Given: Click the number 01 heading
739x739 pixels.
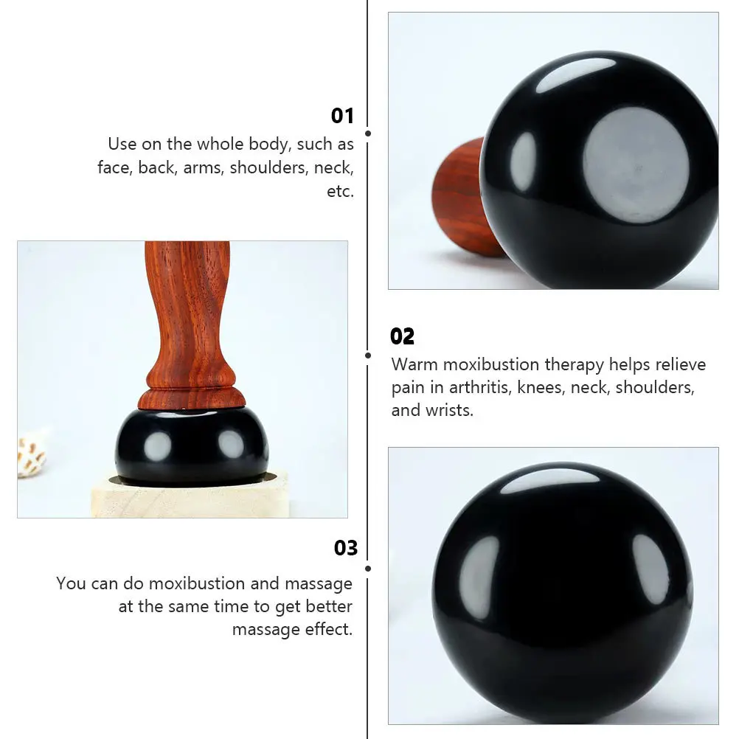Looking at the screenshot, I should click(x=342, y=116).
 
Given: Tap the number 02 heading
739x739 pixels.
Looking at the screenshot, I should click(x=403, y=336).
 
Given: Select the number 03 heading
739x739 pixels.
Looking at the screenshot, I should click(x=345, y=548).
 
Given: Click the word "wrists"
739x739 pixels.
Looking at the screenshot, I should click(x=449, y=410).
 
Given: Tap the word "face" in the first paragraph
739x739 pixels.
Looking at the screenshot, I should click(x=114, y=167).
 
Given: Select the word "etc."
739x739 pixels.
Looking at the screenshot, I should click(x=340, y=191).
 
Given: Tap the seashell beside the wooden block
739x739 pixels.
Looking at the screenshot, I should click(x=32, y=457).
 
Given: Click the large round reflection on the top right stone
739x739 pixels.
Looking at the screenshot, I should click(x=636, y=164).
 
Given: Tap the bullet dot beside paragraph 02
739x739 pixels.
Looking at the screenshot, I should click(x=368, y=355).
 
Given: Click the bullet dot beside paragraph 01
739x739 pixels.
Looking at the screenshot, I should click(x=368, y=133).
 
